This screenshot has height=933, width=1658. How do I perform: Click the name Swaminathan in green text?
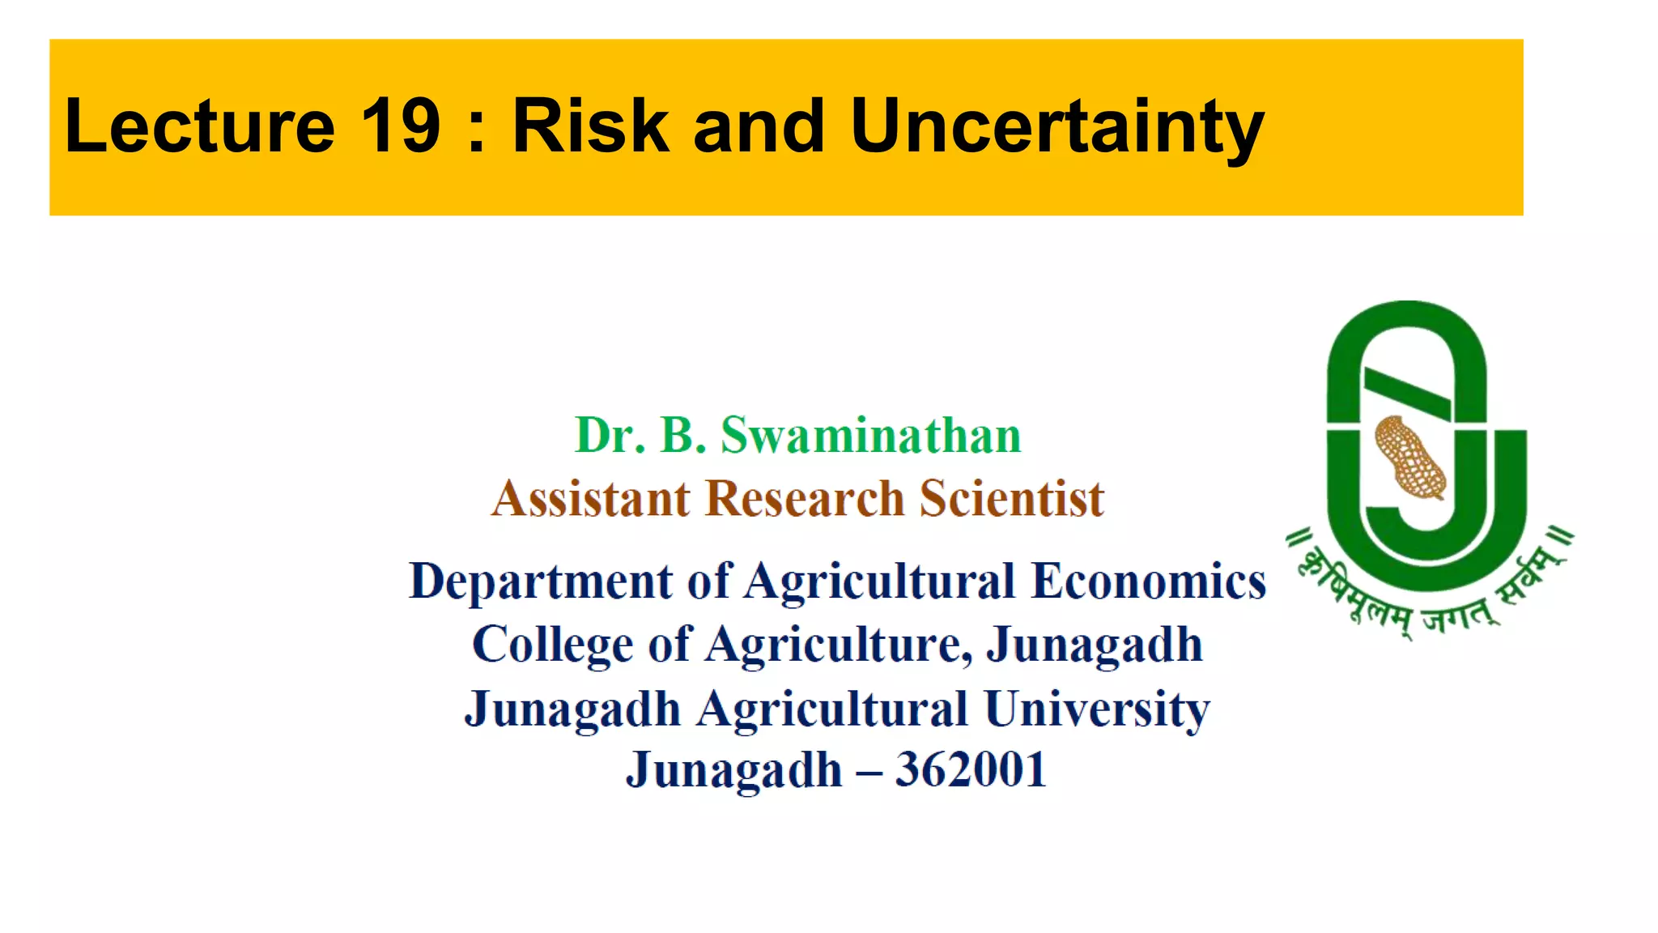[871, 436]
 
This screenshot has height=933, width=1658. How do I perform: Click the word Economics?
[1149, 582]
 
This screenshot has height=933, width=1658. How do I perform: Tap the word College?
[551, 645]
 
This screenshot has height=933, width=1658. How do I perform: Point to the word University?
[1097, 709]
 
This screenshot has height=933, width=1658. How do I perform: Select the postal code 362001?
[971, 769]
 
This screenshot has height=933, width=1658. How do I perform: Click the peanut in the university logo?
[1410, 457]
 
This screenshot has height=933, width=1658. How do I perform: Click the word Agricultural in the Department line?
[879, 582]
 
